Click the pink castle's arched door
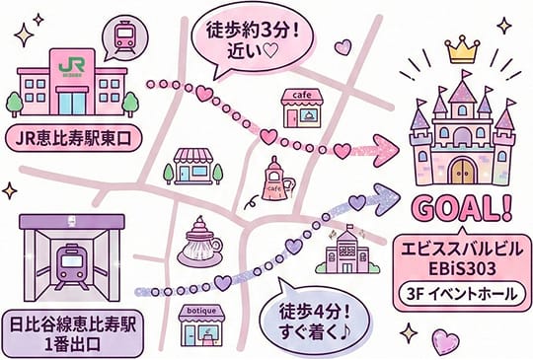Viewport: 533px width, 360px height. tap(460, 170)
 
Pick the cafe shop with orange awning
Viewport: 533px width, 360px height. tap(302, 108)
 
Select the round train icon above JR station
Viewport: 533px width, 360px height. tap(125, 36)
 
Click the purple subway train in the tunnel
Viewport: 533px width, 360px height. tap(72, 266)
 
